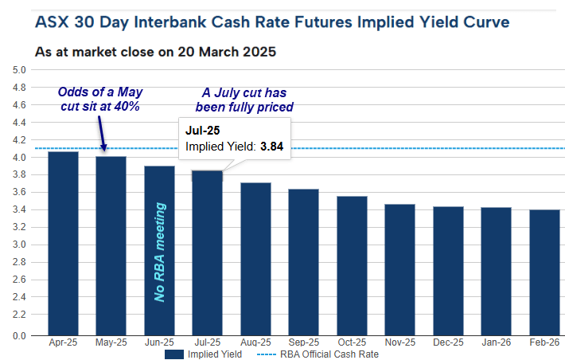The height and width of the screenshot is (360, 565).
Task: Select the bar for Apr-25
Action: pos(63,243)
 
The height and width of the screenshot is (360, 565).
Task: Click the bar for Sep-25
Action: pos(303,262)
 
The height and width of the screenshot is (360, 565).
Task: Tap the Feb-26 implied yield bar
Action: pos(544,272)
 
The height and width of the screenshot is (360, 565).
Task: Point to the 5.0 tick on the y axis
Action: pos(21,70)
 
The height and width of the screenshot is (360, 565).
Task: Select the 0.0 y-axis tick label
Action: pos(21,335)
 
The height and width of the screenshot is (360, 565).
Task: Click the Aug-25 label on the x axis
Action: pos(255,344)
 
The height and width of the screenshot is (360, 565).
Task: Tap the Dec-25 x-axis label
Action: pos(447,344)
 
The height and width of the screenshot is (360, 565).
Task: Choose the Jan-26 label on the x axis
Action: pos(496,344)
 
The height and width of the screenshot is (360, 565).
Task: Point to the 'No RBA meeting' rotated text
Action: pos(160,252)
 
